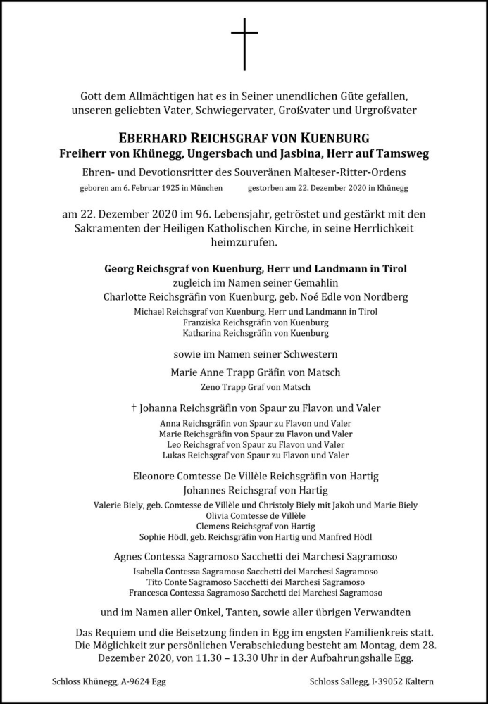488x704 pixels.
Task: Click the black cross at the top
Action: coord(244,44)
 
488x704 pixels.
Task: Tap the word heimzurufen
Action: coord(244,243)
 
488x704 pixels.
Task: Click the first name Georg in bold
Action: coord(120,268)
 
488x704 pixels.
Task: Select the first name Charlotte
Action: coord(126,296)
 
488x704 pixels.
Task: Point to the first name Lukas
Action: coord(173,455)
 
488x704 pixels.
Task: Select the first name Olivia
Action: coord(215,515)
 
